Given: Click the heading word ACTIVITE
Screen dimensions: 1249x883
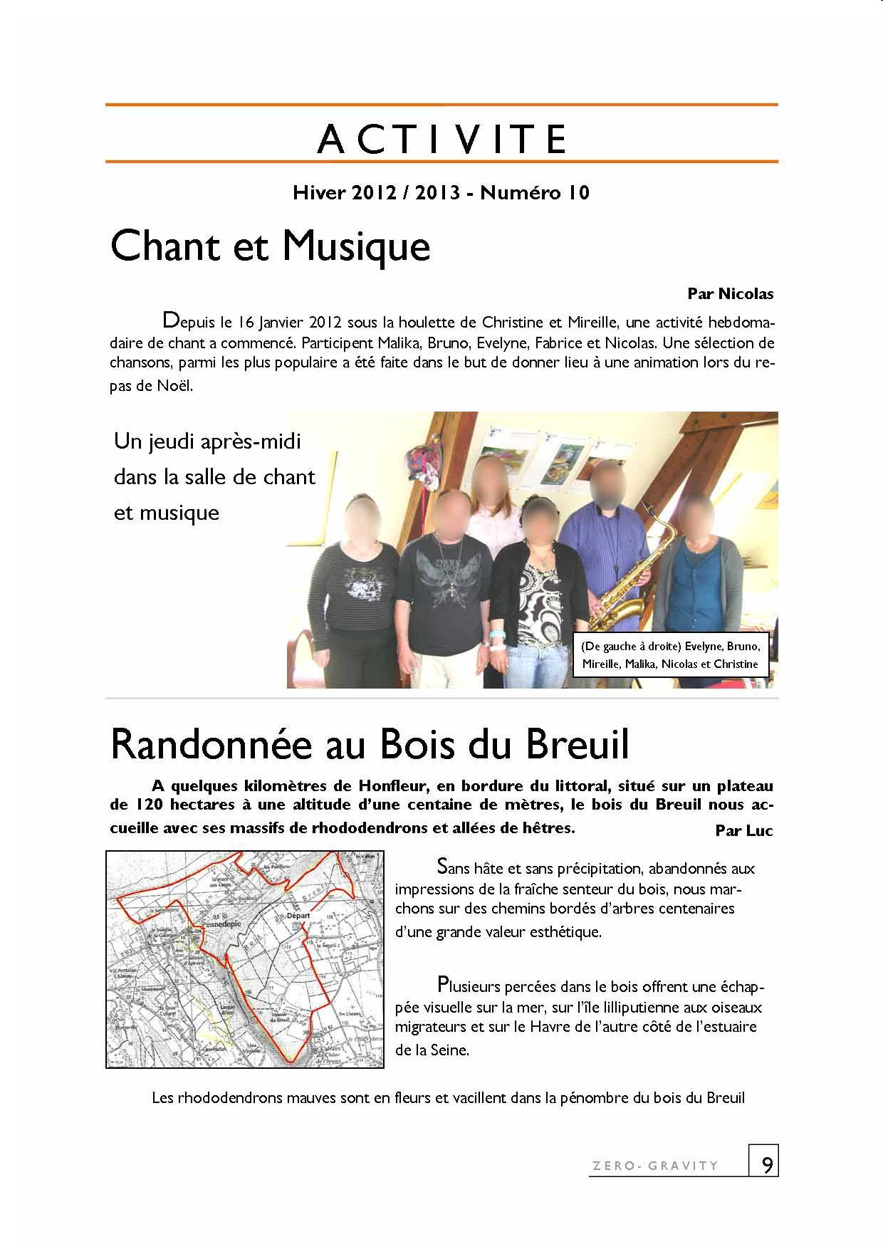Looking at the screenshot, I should tap(441, 139).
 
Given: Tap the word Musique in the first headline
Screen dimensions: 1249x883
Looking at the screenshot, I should tap(356, 246).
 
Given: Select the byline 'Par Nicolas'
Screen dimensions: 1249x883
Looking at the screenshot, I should tap(730, 293).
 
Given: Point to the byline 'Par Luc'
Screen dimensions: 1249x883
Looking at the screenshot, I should tap(744, 830).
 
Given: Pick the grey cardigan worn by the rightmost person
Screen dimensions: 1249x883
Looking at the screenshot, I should tap(719, 584).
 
